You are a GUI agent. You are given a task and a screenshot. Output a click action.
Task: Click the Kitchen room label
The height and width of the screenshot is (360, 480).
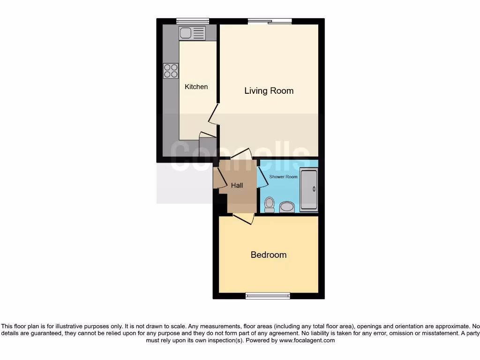pos(196,87)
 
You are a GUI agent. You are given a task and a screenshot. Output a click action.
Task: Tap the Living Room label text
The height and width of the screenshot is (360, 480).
pos(269,91)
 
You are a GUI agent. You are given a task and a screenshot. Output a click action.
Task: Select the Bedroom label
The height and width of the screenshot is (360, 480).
pos(269,255)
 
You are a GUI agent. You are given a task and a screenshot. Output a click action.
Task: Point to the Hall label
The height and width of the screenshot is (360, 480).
pos(237,186)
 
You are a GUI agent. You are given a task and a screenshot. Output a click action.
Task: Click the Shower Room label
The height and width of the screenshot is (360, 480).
pos(283,177)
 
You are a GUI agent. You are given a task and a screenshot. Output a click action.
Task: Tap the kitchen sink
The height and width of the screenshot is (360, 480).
pos(192,33)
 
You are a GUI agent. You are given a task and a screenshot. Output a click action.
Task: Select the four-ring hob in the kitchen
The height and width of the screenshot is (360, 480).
pos(171,71)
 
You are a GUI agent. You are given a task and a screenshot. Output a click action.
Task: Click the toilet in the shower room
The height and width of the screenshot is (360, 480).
pos(269,204)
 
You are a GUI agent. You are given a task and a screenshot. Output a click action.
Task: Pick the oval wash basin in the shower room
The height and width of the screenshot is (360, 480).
pos(287,207)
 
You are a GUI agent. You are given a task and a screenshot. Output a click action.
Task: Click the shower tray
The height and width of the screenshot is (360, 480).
pos(309,189)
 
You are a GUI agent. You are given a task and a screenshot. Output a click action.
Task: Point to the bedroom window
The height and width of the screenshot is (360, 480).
pos(268,296)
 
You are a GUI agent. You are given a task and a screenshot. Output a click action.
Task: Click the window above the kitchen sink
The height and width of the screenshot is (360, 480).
pos(193,21)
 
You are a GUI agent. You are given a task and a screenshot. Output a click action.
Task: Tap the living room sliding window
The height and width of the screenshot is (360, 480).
pos(270,21)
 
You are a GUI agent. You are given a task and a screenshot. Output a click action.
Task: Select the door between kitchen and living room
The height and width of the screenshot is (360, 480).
pos(213,114)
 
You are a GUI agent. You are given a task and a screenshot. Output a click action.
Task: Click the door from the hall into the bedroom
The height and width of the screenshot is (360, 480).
pos(243,218)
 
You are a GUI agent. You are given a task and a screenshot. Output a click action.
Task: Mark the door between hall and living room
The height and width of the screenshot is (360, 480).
pos(241,154)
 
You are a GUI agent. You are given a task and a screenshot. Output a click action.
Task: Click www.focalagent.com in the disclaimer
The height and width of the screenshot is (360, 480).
pos(307,341)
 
